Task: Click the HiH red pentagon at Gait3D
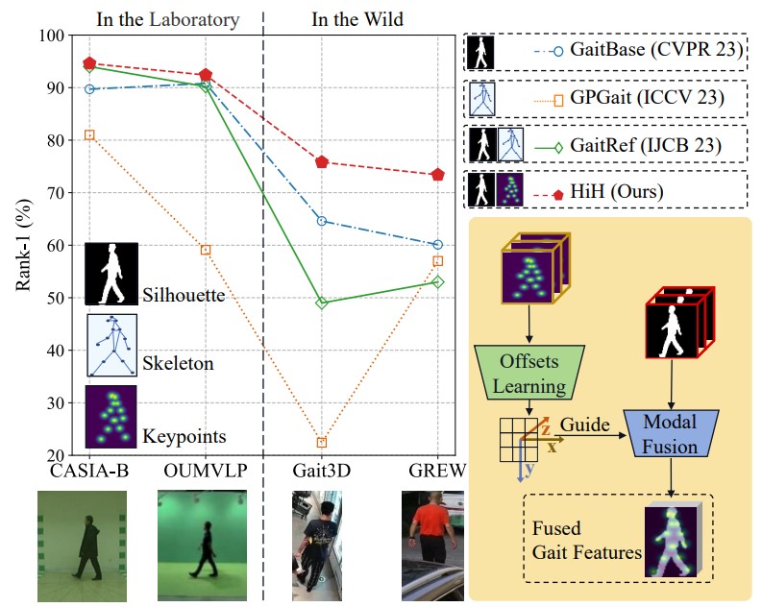pos(322,162)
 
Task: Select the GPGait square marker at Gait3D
pos(322,443)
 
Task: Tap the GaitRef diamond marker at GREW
pos(438,281)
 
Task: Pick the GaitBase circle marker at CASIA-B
pos(89,89)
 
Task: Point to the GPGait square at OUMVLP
pos(206,250)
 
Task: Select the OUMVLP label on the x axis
pos(206,471)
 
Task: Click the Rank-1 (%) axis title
pos(23,245)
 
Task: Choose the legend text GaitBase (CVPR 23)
pos(656,50)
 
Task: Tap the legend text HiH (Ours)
pos(617,191)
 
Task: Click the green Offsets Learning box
pos(529,373)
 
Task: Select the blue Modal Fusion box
pos(671,433)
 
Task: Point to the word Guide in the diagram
pos(584,425)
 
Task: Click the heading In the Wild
pos(357,19)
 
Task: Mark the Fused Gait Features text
pos(586,541)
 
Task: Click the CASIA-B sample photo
pos(82,546)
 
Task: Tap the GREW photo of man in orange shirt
pos(432,546)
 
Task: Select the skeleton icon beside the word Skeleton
pos(111,345)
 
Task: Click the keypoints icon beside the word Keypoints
pos(111,417)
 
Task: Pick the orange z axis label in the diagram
pos(545,429)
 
